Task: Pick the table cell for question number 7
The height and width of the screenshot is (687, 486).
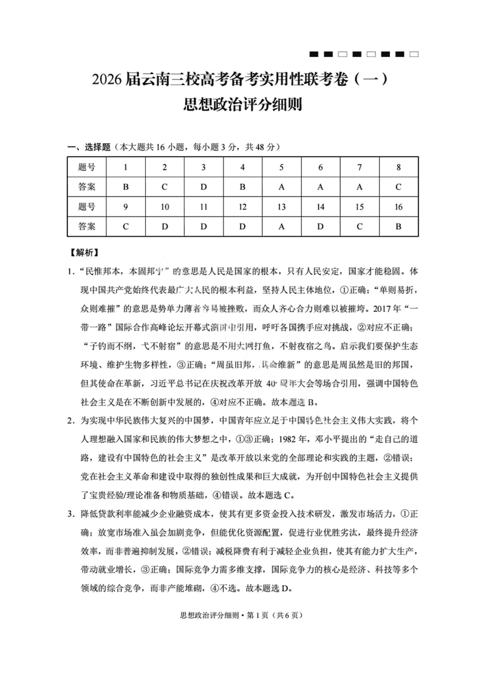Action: [x=359, y=167]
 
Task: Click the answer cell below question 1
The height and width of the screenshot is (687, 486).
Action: [x=125, y=187]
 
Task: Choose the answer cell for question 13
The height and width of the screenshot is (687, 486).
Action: [x=281, y=227]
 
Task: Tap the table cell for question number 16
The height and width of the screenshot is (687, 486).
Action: [x=399, y=207]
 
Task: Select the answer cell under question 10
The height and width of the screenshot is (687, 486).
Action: [x=164, y=227]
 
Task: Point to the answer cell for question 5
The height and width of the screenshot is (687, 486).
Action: [x=281, y=187]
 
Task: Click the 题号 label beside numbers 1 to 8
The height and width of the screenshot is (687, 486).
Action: [x=87, y=167]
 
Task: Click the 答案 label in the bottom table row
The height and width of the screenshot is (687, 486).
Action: [x=87, y=227]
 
